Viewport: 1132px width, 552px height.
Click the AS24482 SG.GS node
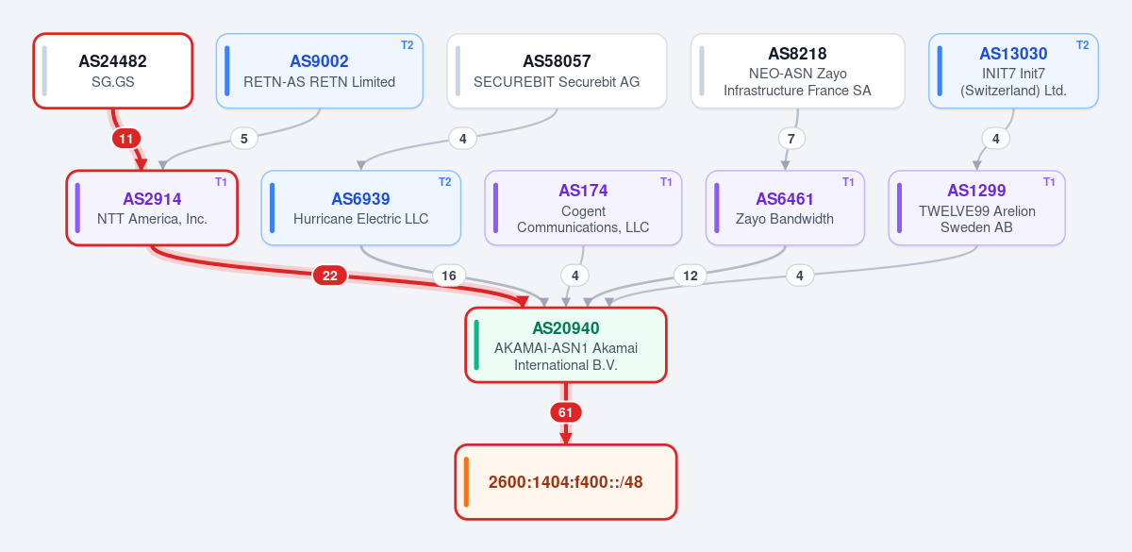(x=112, y=71)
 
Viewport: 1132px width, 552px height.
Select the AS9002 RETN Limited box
(x=320, y=71)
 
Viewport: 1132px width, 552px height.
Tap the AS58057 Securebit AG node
(x=557, y=71)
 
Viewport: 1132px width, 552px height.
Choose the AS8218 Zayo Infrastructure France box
(x=797, y=71)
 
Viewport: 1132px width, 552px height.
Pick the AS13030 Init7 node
(x=1013, y=71)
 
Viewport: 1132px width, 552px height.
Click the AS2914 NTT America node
(x=152, y=208)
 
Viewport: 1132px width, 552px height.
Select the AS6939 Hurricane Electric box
(x=360, y=208)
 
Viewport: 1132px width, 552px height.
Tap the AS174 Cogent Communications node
(x=583, y=208)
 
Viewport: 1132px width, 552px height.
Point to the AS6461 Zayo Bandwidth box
(x=785, y=208)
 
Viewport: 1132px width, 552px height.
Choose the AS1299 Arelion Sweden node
(x=977, y=208)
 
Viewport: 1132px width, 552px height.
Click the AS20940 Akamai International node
(x=566, y=345)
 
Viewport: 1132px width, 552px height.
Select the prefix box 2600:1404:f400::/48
(x=566, y=482)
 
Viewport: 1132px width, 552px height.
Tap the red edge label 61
(x=565, y=412)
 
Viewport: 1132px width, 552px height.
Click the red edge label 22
(x=330, y=276)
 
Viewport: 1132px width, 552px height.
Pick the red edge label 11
(x=125, y=139)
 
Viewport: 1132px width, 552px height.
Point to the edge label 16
(x=449, y=276)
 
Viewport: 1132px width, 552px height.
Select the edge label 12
(x=691, y=276)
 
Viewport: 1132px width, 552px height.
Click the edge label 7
(x=791, y=139)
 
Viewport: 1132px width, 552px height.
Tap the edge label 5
(x=244, y=139)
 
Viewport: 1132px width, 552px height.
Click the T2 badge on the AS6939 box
(x=444, y=182)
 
